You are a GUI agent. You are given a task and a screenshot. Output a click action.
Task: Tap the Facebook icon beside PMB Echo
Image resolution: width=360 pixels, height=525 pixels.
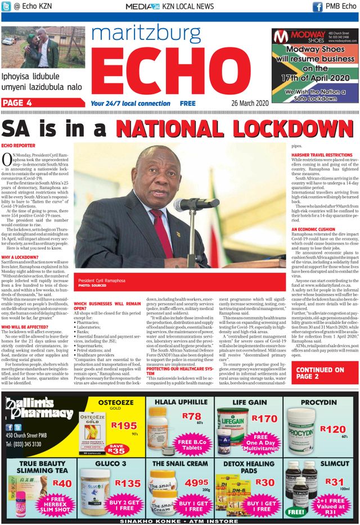click(317, 6)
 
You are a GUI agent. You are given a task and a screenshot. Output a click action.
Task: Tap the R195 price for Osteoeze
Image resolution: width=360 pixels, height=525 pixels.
click(124, 425)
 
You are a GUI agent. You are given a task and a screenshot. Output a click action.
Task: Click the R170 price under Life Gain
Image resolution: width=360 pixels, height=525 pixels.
click(264, 418)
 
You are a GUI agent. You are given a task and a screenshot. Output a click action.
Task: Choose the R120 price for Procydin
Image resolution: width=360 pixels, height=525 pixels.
click(332, 429)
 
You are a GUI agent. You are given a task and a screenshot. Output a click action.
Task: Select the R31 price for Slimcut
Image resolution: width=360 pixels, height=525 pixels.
click(334, 482)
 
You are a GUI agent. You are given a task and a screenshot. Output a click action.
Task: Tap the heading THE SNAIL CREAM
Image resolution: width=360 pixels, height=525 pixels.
click(180, 463)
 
